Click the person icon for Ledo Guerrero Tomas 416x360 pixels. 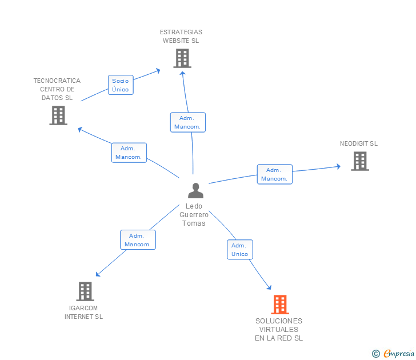195,190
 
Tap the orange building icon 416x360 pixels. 279,305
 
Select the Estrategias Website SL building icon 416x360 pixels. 182,58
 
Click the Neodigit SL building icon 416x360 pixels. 359,161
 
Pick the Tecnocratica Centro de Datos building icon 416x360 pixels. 58,115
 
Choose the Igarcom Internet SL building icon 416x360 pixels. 85,291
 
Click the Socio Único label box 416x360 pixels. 121,85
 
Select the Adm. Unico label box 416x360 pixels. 240,250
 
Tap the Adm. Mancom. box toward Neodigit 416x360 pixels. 274,174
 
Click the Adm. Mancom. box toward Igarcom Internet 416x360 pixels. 138,240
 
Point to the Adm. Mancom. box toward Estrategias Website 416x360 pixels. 187,122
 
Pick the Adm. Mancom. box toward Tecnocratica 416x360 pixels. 129,153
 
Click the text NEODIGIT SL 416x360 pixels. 359,144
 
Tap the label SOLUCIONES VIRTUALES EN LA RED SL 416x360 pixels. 279,329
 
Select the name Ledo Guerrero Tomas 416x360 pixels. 194,215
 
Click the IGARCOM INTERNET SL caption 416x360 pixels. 83,312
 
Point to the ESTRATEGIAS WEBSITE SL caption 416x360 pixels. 181,37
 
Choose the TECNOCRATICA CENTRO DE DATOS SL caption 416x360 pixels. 57,89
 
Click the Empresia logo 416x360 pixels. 399,354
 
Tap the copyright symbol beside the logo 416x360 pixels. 376,354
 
